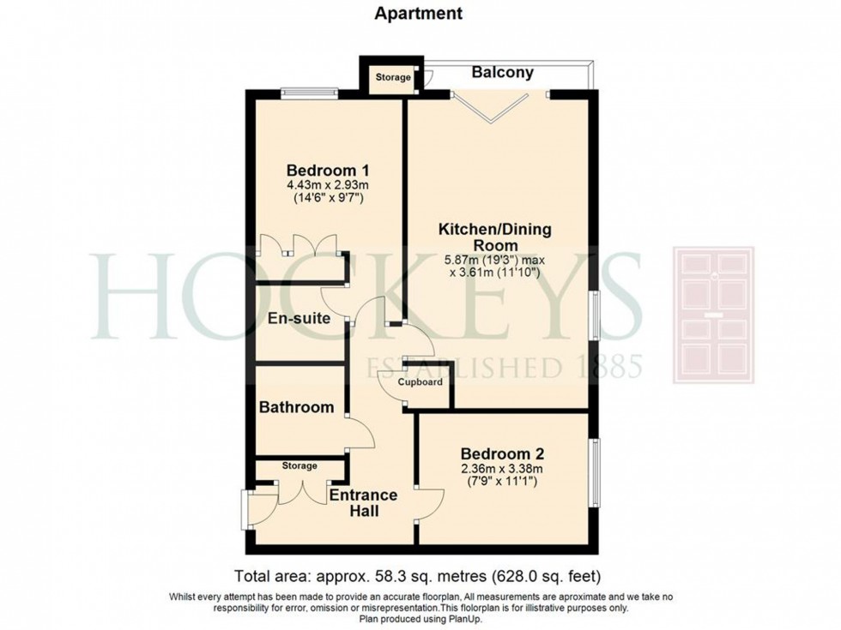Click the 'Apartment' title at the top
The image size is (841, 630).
coord(420,14)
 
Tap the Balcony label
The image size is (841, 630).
coord(502,73)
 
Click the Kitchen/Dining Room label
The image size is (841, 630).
coord(495,239)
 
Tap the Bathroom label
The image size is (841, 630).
coord(297,407)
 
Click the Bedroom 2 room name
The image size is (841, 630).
coord(502,453)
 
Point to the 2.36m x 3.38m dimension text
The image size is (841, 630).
coord(502,470)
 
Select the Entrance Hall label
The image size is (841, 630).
coord(363,503)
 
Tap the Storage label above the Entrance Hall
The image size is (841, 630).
coord(299,466)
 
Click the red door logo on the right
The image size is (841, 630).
coord(713,314)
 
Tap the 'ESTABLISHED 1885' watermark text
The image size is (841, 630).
coord(505,367)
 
